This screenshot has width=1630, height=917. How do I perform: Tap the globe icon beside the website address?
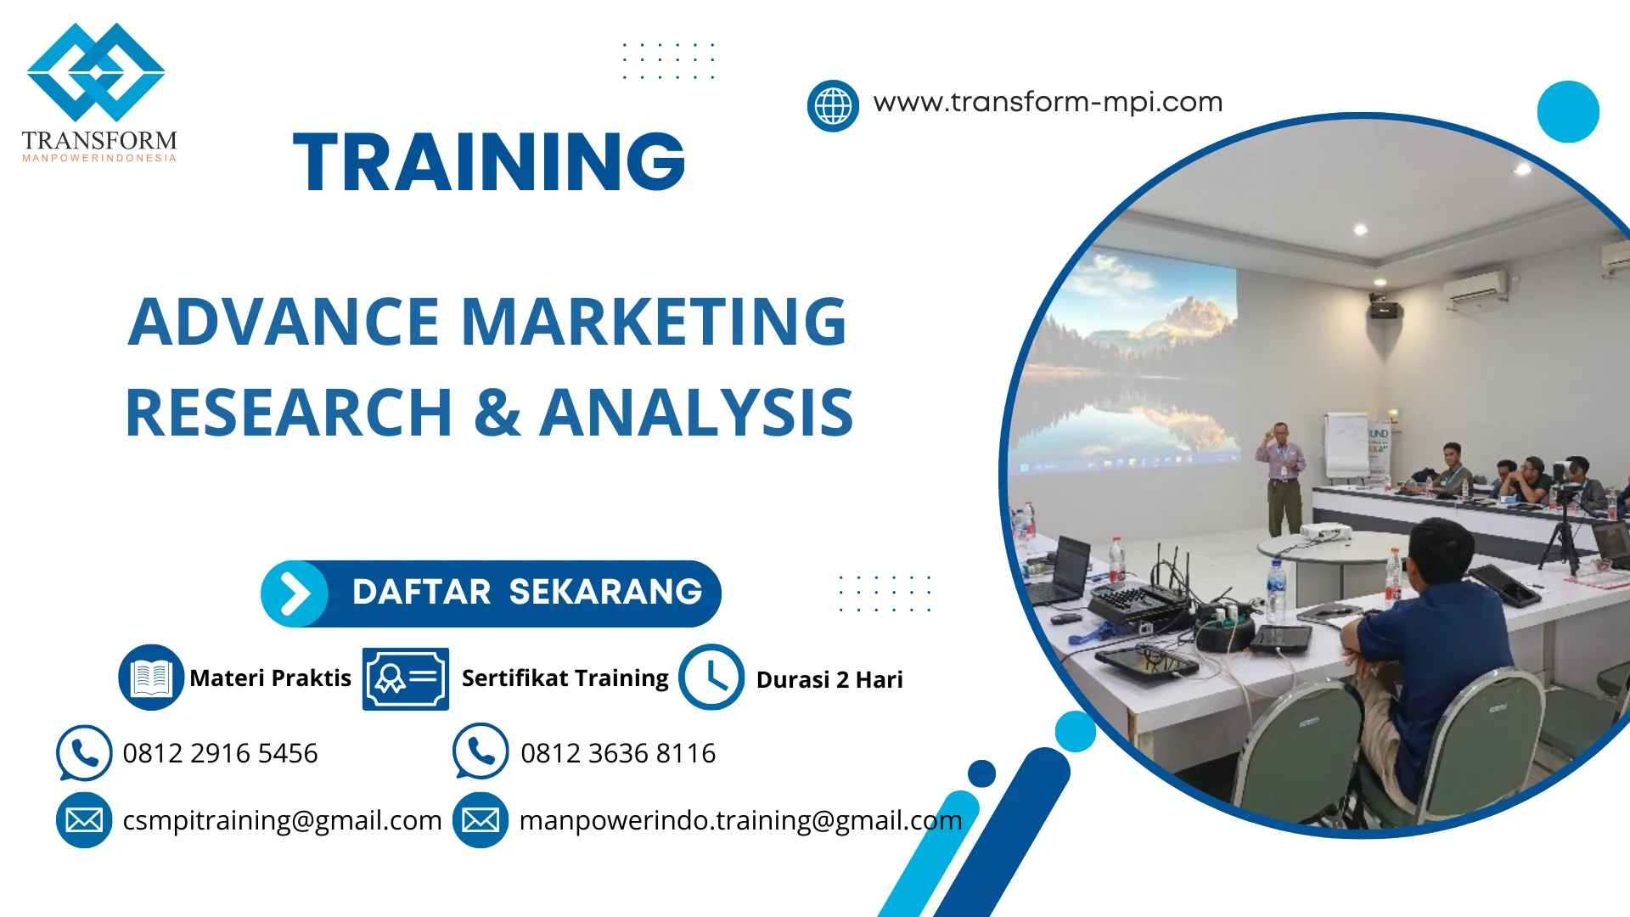[833, 106]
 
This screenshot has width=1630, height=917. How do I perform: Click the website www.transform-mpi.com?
[1048, 103]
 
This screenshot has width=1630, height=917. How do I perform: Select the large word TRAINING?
[489, 162]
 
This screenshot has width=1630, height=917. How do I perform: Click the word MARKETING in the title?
[653, 323]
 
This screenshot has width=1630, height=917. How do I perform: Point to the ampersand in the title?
[497, 413]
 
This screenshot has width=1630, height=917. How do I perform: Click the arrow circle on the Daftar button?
[295, 594]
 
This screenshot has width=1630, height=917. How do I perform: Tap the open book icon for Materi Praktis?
[151, 678]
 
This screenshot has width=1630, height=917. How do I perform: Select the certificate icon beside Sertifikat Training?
[405, 678]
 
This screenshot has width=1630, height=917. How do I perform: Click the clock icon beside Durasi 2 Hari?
[711, 678]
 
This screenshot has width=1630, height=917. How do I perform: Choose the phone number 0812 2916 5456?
[220, 753]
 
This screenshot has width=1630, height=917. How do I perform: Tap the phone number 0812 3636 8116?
[617, 753]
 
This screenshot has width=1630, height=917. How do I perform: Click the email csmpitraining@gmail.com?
[282, 820]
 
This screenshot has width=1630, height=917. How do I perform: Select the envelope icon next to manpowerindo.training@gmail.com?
[481, 820]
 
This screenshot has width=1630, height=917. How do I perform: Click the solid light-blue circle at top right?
[1567, 111]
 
